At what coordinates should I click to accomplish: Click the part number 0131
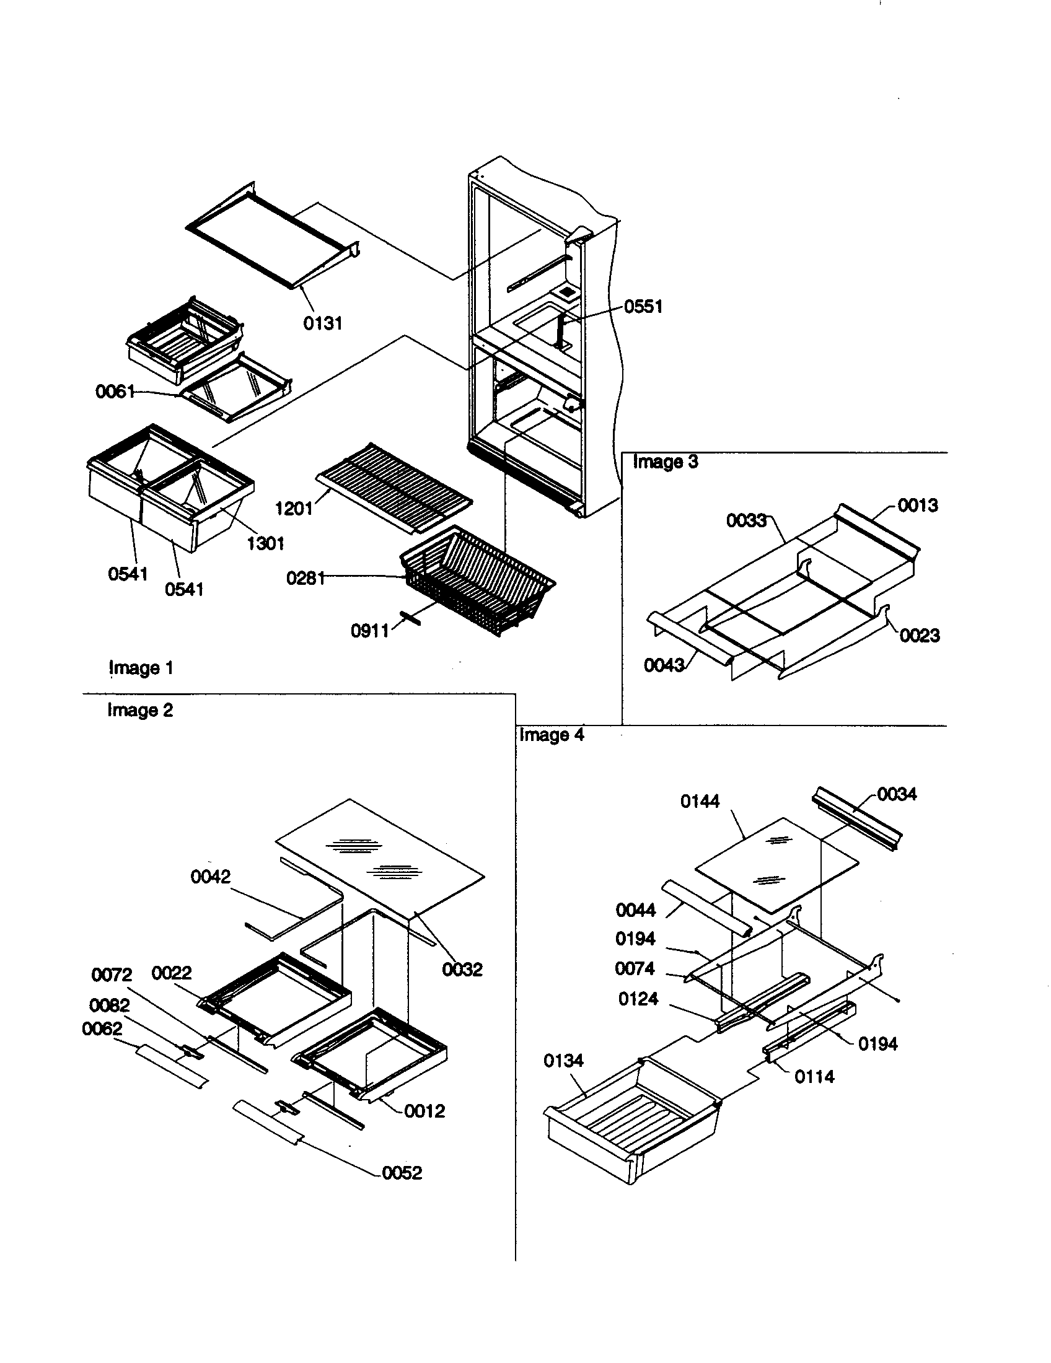[323, 323]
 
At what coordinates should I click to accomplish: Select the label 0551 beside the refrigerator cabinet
[643, 307]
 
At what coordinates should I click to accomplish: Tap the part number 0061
[115, 392]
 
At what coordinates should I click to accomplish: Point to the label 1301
[266, 543]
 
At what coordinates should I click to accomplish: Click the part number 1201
[294, 509]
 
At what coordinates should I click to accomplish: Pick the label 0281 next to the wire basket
[306, 579]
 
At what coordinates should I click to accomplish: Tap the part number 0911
[370, 631]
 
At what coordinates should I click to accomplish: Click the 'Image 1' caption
[141, 668]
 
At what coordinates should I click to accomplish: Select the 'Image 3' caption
[666, 462]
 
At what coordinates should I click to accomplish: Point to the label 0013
[917, 505]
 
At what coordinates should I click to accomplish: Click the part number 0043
[664, 665]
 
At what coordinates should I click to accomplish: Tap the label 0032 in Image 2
[462, 969]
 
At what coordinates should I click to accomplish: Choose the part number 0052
[402, 1173]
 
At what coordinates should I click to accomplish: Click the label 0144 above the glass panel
[700, 801]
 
